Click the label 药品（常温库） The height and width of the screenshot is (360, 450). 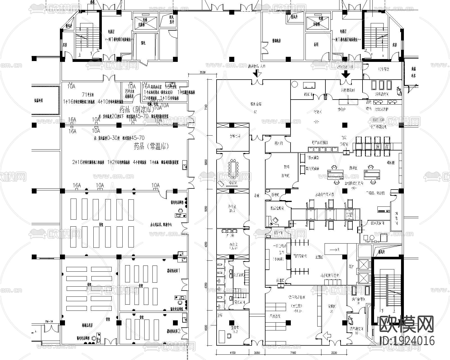pos(151,146)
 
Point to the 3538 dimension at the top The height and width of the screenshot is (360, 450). pos(202,72)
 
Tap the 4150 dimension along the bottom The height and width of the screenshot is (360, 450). pos(232,352)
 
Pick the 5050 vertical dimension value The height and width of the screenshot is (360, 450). pos(206,209)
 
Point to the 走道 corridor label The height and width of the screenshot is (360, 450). pos(256,195)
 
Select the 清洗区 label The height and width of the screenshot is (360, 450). pos(353,168)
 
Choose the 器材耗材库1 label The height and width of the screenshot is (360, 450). pos(174,270)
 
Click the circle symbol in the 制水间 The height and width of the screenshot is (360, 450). pos(294,84)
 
